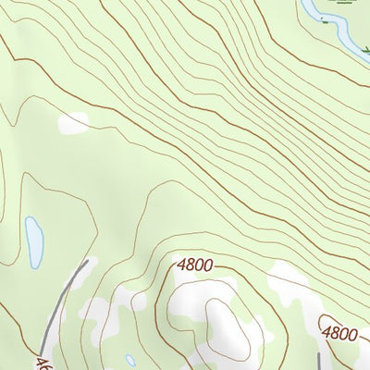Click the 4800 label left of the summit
point(195,266)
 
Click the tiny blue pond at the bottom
point(130,360)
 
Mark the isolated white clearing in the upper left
point(74,122)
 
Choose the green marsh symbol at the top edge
point(344,3)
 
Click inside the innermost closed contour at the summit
point(222,324)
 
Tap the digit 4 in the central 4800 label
point(181,266)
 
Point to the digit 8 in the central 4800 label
point(191,266)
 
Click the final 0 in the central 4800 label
point(209,266)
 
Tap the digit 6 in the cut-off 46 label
point(48,364)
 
